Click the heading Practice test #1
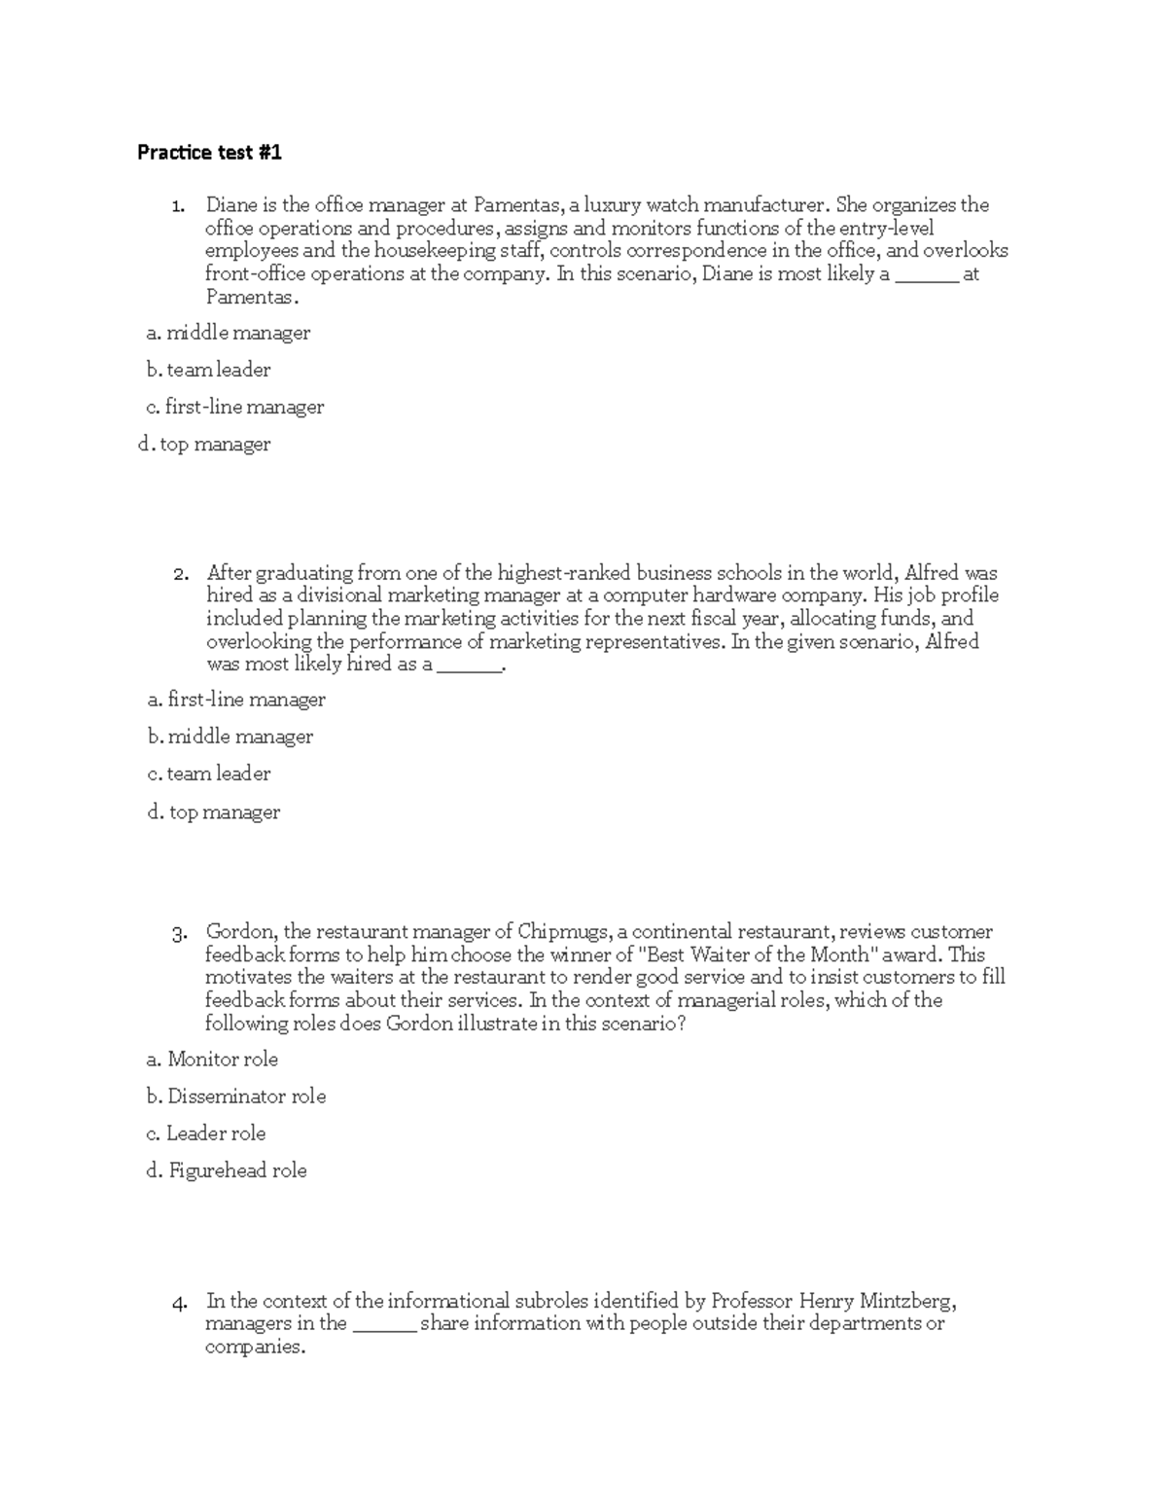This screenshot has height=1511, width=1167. [209, 153]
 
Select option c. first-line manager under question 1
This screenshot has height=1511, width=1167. [234, 408]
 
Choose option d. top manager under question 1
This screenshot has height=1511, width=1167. [204, 445]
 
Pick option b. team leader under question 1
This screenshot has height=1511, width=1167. [208, 371]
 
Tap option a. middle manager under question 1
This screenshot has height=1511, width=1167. [228, 334]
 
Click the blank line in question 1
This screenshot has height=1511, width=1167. [926, 276]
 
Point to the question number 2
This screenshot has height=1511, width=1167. [180, 574]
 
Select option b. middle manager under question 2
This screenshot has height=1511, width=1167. [230, 738]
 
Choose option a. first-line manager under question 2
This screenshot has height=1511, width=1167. [236, 701]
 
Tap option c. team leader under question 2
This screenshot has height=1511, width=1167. [209, 774]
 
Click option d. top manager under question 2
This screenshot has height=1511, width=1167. [213, 812]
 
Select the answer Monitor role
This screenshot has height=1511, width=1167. [212, 1060]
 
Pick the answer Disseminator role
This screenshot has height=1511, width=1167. [236, 1097]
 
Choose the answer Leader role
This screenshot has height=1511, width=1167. [205, 1133]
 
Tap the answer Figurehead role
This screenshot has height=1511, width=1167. [227, 1170]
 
